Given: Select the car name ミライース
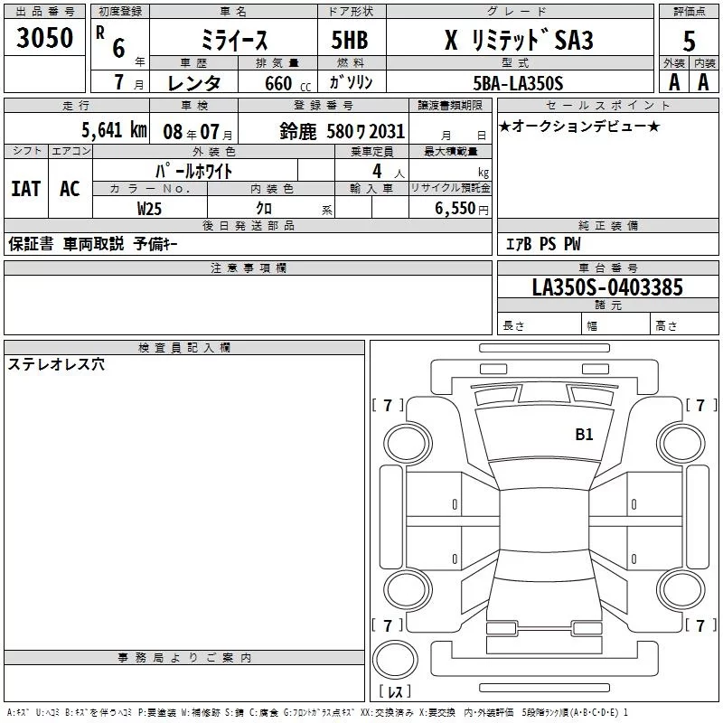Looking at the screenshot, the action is [233, 41].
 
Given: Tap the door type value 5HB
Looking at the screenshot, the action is [350, 41].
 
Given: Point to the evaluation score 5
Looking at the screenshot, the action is [689, 41].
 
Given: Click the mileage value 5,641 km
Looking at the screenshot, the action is [114, 128].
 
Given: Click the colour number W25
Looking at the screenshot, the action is [150, 208].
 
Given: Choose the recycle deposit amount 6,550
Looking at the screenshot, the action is [461, 208].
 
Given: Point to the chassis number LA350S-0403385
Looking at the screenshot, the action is [607, 287].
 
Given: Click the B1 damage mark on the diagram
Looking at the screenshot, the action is [584, 434].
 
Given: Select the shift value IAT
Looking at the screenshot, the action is [25, 189].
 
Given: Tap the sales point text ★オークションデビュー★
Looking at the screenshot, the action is [578, 127].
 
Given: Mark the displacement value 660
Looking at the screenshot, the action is [277, 84].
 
